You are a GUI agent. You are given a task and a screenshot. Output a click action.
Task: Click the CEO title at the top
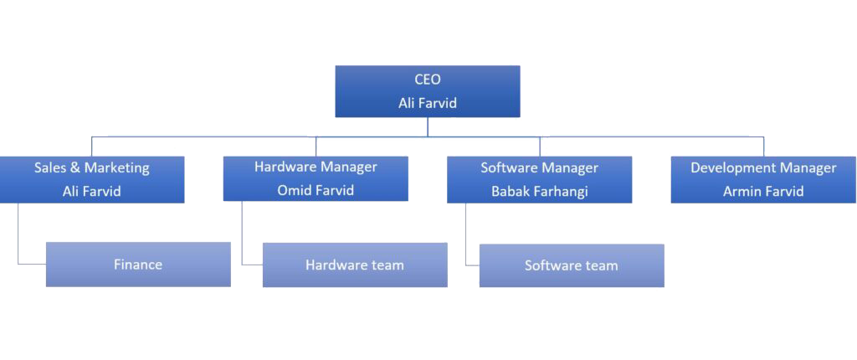[428, 80]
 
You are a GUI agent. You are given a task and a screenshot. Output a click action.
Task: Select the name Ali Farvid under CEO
[428, 103]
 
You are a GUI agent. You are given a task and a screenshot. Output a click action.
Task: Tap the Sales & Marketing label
[92, 167]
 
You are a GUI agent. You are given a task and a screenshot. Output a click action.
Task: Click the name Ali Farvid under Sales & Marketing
[92, 191]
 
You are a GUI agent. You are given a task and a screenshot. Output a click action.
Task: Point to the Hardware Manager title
[316, 167]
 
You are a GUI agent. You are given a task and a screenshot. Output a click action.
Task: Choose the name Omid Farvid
[316, 190]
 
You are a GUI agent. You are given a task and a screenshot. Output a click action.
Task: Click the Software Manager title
[539, 167]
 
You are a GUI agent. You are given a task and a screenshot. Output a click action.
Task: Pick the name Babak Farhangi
[539, 191]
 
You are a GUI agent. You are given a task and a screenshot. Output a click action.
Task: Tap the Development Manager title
[763, 167]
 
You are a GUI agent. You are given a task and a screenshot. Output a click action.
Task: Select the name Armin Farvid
[763, 191]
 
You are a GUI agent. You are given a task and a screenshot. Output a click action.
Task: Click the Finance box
[138, 265]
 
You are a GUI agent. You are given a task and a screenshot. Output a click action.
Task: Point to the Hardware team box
[355, 265]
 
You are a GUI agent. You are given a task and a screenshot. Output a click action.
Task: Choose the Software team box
[572, 265]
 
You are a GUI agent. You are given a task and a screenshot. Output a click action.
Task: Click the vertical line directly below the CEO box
[428, 126]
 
